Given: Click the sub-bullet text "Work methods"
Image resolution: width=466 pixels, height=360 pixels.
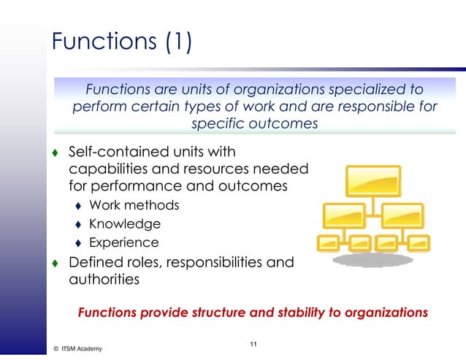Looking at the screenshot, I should [x=134, y=205].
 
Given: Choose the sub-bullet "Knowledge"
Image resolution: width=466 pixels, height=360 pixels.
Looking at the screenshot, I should [x=124, y=224].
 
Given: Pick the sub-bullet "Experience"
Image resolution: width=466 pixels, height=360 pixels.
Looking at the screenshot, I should [x=123, y=242].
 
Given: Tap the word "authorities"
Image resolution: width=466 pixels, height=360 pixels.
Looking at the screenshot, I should [x=104, y=279].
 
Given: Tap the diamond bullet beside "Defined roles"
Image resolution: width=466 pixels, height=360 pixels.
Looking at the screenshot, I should [x=55, y=263].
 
